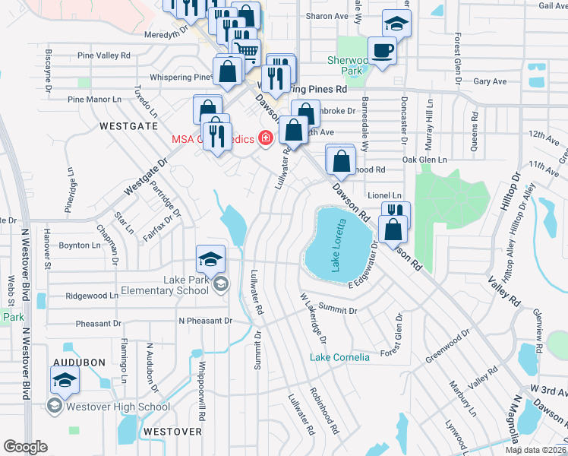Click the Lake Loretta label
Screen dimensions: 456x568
pos(338,245)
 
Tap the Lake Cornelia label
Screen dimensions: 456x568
pos(339,357)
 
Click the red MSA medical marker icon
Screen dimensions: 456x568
pos(266,138)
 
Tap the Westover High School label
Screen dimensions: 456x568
pos(118,407)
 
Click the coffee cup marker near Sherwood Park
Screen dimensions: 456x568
pos(382,51)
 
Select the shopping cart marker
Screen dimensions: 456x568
pos(245,51)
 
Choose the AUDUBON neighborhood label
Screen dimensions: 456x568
pos(79,363)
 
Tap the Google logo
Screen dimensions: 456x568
pos(25,447)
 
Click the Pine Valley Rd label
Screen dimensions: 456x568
pos(104,55)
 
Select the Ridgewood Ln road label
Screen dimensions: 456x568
pos(92,296)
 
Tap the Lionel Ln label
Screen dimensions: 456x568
pos(383,195)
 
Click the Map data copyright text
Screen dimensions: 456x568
pos(536,450)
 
